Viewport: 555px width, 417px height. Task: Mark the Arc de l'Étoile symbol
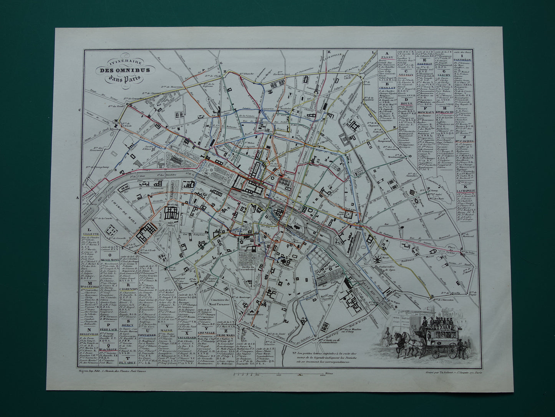point(115,124)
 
